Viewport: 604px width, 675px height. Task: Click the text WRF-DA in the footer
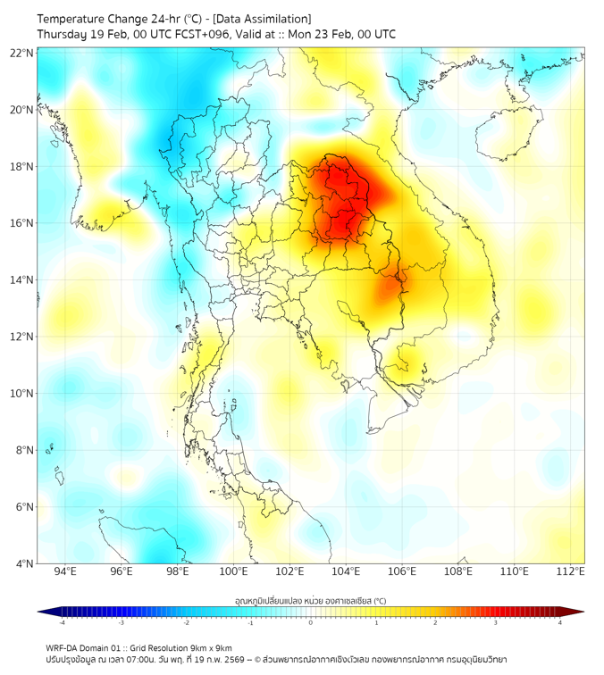coord(63,647)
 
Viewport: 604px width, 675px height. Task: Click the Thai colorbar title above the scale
coord(311,600)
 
